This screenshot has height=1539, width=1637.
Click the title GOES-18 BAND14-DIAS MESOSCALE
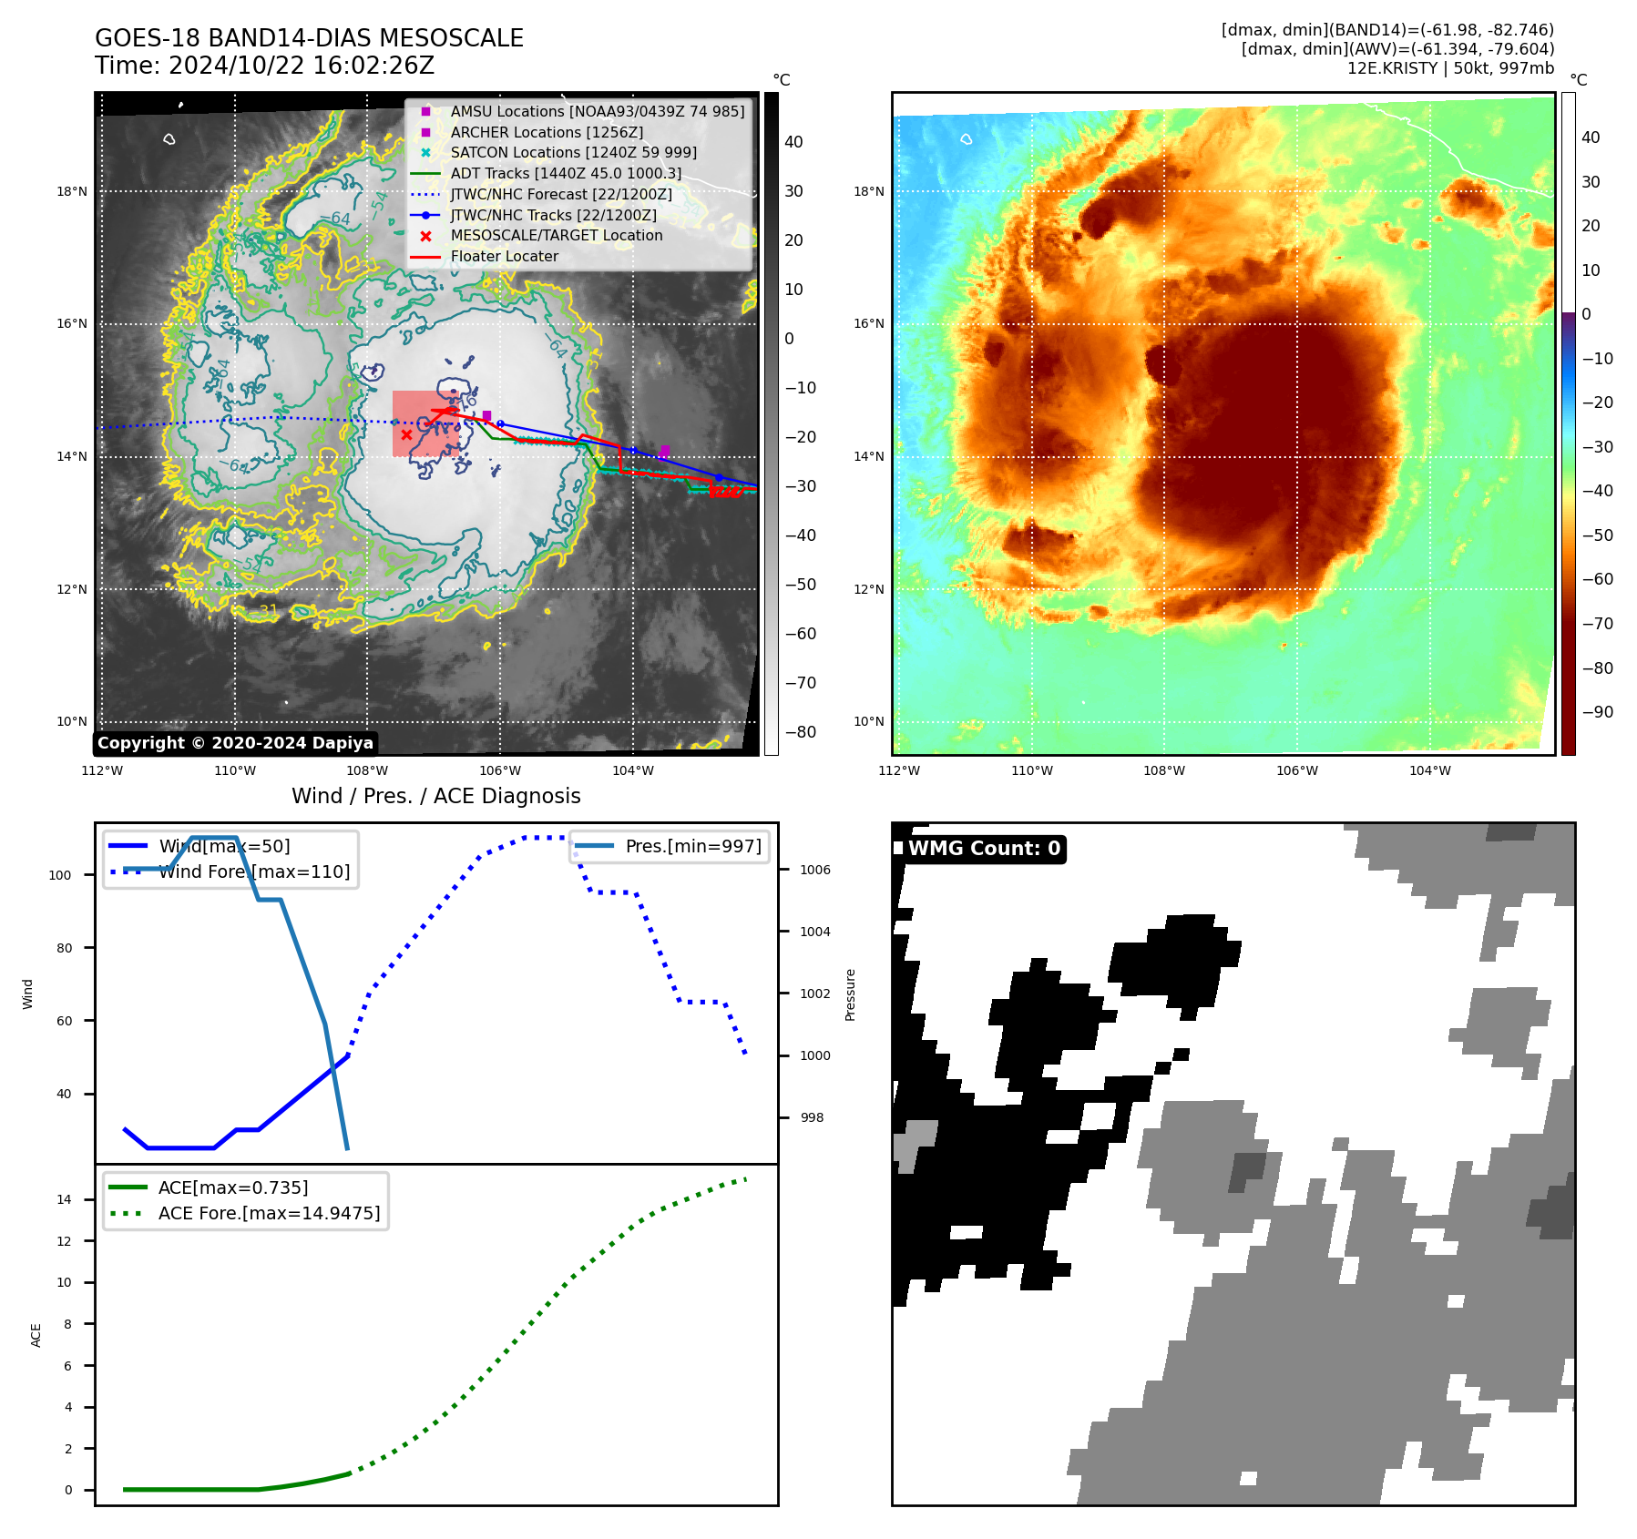point(309,38)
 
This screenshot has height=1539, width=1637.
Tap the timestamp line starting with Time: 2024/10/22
point(264,66)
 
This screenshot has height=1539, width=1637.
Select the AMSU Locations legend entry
point(597,111)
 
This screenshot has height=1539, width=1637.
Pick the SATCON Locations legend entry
point(573,152)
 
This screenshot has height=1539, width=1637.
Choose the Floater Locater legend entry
point(504,256)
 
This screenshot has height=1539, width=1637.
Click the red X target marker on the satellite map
point(406,434)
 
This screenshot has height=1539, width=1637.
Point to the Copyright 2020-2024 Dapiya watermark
point(235,743)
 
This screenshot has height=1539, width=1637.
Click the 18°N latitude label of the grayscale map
point(72,191)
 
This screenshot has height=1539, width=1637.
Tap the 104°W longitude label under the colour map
point(1429,770)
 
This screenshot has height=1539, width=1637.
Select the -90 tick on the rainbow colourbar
point(1597,712)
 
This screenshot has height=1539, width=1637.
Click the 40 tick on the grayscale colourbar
point(793,142)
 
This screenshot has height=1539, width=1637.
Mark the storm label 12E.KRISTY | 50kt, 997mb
point(1450,68)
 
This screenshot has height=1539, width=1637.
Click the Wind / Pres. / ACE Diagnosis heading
point(435,796)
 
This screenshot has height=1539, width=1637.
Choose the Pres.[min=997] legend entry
point(692,846)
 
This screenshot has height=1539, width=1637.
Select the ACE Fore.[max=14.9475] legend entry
point(269,1213)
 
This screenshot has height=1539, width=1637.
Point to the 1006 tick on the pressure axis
point(814,870)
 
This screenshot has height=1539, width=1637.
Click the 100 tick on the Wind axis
point(60,875)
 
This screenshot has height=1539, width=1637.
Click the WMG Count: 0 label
point(984,849)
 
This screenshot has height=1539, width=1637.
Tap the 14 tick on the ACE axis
point(64,1199)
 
